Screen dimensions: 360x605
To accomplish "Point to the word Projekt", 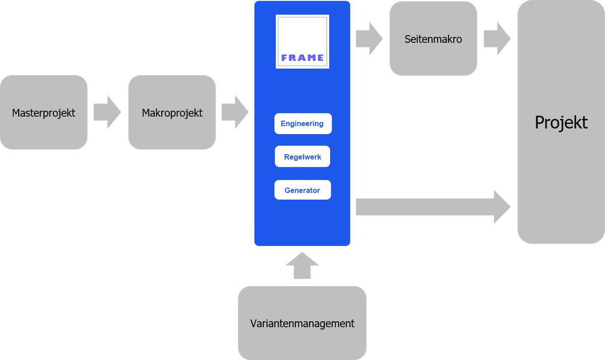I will (x=561, y=123).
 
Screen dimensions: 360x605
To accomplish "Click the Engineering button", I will (x=302, y=124).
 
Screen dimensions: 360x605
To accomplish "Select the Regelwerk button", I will (x=302, y=157).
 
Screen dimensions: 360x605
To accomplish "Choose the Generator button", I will (x=302, y=190).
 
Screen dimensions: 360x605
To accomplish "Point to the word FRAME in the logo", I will (x=302, y=57).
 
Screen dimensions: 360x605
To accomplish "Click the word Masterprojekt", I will (x=43, y=113).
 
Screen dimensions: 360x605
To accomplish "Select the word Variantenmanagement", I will (x=302, y=324).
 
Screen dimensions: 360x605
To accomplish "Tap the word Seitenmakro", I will (x=433, y=39).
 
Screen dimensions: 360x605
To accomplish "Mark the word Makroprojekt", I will (x=172, y=113).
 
